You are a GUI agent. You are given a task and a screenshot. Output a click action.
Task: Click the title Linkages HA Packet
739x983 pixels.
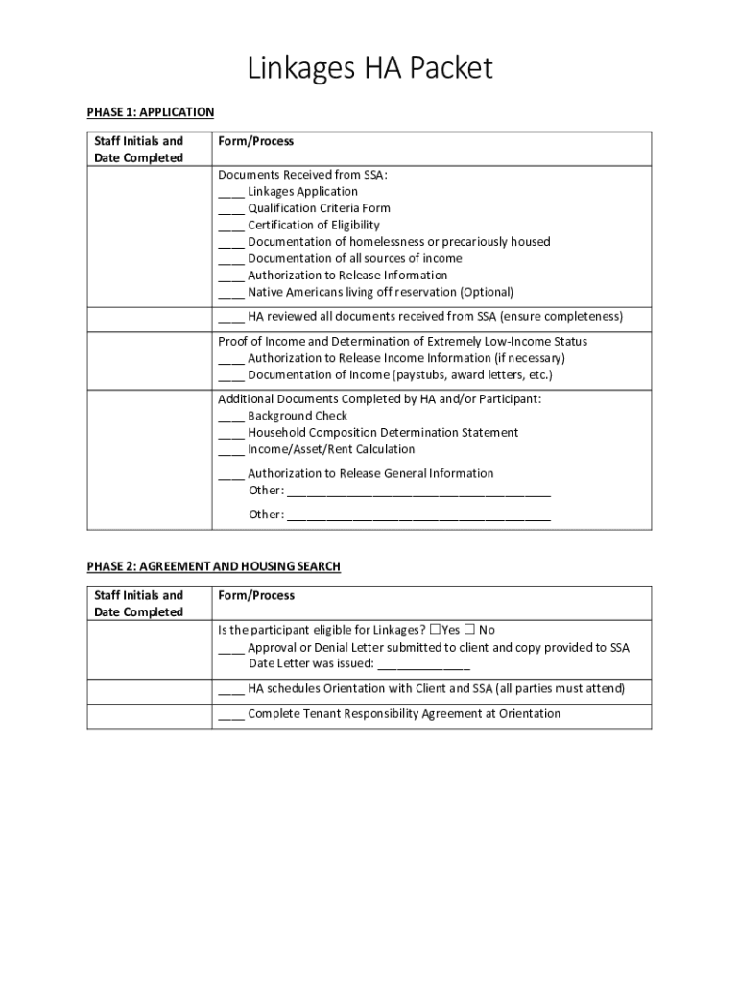(x=369, y=68)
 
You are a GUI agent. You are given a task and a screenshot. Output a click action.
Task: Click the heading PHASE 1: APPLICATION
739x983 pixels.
(x=151, y=112)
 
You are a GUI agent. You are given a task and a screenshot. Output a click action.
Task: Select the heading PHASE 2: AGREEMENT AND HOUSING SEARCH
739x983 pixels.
(x=213, y=566)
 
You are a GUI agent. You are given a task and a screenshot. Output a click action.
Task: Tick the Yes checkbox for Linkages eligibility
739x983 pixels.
(x=436, y=630)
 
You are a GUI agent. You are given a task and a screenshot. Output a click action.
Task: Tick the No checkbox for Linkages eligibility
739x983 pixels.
(x=469, y=630)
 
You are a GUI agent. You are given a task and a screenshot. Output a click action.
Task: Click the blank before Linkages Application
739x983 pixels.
(x=230, y=192)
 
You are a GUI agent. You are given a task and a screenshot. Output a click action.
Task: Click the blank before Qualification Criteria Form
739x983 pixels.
(x=230, y=208)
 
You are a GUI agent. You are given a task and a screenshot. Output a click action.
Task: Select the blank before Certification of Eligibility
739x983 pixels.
(x=230, y=226)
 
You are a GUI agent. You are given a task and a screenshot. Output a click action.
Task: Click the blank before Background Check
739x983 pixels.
(x=230, y=417)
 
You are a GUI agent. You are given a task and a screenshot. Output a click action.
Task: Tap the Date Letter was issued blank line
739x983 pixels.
(x=424, y=664)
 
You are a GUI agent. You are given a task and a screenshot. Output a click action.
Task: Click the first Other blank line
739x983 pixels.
(x=418, y=491)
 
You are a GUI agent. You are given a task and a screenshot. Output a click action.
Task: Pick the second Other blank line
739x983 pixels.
(x=418, y=515)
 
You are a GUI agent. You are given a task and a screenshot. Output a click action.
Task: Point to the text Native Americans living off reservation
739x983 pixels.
(x=380, y=292)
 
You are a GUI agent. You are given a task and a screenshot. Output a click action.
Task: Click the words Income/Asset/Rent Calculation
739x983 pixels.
(x=331, y=449)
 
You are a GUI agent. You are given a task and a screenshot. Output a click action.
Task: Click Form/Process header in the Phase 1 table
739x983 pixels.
(x=255, y=141)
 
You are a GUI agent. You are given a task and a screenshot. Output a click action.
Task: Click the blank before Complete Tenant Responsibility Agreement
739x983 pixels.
(x=230, y=714)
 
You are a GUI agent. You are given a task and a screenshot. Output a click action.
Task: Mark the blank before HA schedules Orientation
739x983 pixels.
(x=230, y=689)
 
